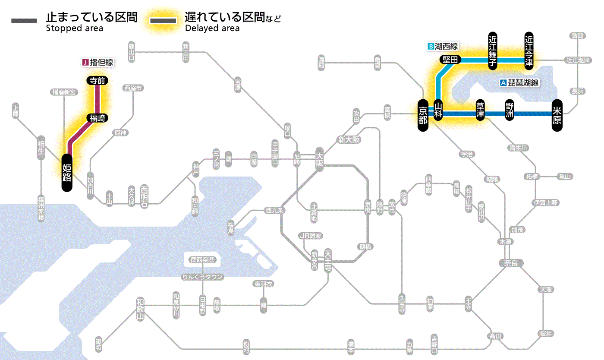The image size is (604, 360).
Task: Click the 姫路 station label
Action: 67,172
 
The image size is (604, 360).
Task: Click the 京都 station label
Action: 423,115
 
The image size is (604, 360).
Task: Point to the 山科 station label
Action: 438,111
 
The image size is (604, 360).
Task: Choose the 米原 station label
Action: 557,115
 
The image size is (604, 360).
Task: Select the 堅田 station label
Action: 450,60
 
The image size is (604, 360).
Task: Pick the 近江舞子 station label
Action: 493,50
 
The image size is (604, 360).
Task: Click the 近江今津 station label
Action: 529,50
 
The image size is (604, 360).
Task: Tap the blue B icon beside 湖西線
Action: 430,46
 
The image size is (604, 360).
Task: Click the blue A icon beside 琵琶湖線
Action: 503,83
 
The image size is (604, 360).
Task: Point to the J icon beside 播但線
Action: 85,63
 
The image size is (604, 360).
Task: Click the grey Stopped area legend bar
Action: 24,21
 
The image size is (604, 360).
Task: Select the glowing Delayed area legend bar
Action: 163,21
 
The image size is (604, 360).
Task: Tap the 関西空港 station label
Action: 203,260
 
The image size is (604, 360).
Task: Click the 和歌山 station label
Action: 140,309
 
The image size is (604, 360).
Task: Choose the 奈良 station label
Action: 511,263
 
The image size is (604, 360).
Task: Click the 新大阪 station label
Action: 349,139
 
